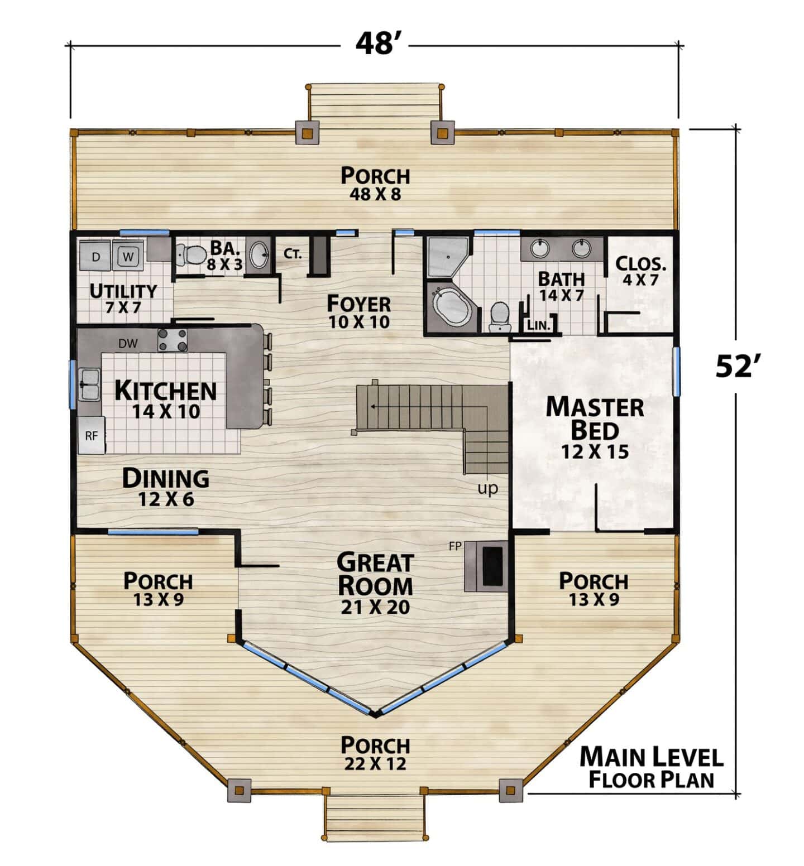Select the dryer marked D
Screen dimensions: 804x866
point(96,256)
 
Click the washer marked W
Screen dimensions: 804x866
point(129,256)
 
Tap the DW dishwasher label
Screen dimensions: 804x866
point(128,344)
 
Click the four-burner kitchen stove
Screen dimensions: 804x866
point(173,340)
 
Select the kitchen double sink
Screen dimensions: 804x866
point(89,384)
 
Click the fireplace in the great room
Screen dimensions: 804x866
point(486,565)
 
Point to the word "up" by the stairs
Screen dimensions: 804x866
point(487,489)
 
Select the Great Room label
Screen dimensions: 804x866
point(375,583)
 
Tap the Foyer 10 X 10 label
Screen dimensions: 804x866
point(358,311)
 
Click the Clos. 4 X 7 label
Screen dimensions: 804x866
point(640,271)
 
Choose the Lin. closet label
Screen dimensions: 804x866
point(539,325)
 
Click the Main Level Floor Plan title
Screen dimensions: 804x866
point(652,768)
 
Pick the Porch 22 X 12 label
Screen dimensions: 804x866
point(375,753)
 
